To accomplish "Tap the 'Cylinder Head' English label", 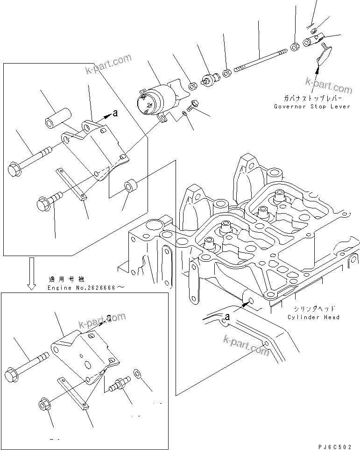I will click(x=313, y=317).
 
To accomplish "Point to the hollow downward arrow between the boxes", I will click(x=31, y=273).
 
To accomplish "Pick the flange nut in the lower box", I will click(x=44, y=403).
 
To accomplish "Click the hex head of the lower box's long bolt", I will click(x=12, y=375).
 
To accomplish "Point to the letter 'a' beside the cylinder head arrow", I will click(x=227, y=317).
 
